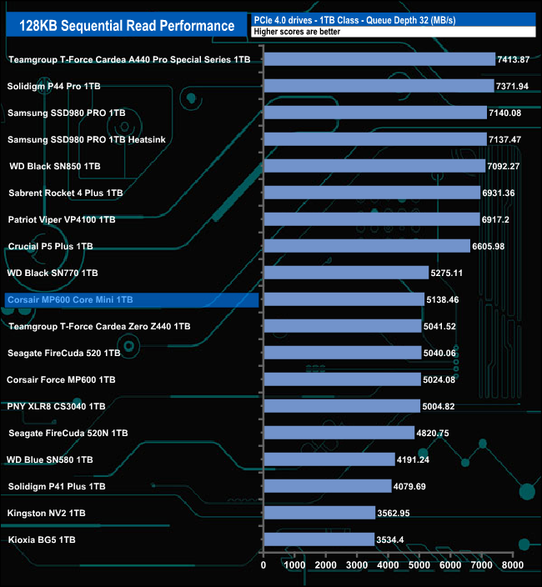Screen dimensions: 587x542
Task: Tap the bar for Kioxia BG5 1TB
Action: pyautogui.click(x=319, y=539)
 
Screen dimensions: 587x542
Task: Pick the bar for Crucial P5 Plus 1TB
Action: pyautogui.click(x=367, y=246)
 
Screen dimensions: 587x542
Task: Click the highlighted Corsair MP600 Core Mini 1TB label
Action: pyautogui.click(x=69, y=299)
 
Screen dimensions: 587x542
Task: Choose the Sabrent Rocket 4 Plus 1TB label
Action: pyautogui.click(x=66, y=193)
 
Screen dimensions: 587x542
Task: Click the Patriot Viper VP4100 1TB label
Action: pyautogui.click(x=62, y=219)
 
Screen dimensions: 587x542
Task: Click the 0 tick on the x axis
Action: pyautogui.click(x=263, y=565)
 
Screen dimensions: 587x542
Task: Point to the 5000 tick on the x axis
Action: pyautogui.click(x=419, y=565)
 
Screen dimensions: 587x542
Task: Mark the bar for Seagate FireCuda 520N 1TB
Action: pyautogui.click(x=339, y=433)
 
